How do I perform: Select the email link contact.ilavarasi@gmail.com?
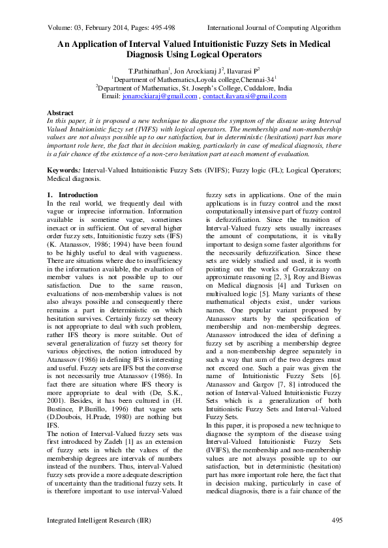[x=245, y=96]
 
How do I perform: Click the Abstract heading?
[x=61, y=113]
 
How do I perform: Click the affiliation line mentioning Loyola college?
[x=194, y=79]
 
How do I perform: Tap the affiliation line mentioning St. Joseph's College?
[x=194, y=87]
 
